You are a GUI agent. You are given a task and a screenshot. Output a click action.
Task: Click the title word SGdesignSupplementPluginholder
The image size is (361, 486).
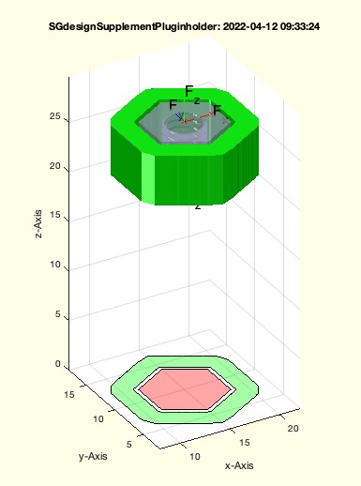tap(134, 27)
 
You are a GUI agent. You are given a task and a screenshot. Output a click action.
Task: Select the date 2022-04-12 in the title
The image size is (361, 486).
tap(250, 26)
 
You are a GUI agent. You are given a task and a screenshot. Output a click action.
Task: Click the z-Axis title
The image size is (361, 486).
tap(38, 224)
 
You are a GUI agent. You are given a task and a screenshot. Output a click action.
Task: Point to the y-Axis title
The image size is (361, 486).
tap(93, 456)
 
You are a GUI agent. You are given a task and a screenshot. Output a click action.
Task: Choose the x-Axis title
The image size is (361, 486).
tap(239, 465)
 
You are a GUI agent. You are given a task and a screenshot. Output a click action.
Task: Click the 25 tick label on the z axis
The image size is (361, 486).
tap(54, 116)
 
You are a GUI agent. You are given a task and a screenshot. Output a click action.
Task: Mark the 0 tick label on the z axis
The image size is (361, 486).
tap(57, 363)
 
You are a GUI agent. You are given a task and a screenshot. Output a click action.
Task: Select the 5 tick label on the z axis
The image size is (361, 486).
tap(57, 314)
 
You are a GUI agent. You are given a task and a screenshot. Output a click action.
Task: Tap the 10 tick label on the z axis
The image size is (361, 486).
tap(54, 265)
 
